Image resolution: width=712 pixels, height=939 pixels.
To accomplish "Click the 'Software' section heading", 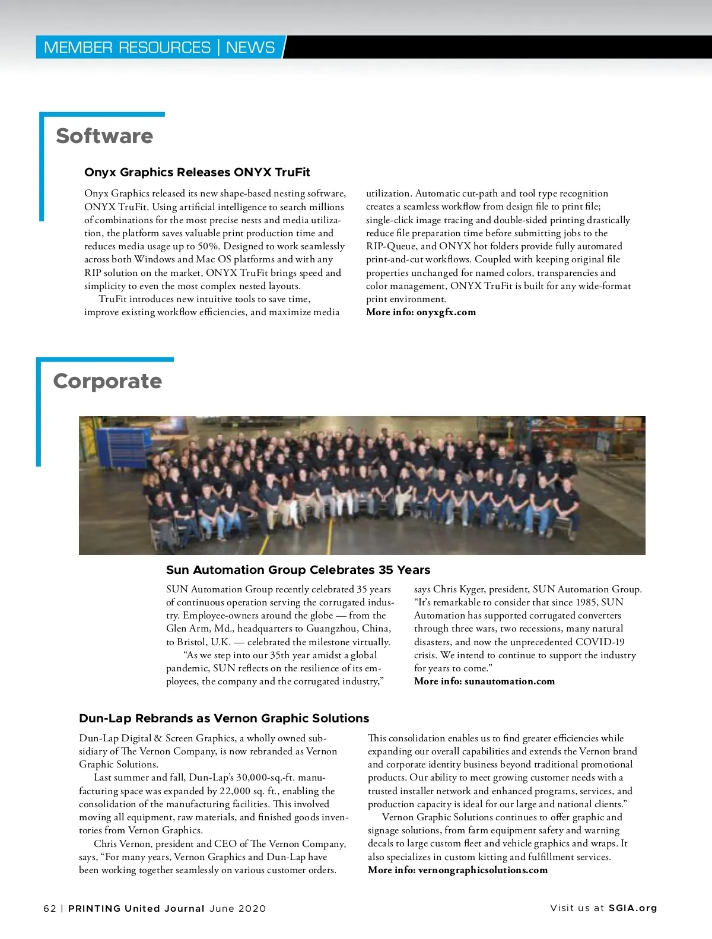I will (104, 136).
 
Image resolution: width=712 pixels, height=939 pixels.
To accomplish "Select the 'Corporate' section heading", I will (107, 381).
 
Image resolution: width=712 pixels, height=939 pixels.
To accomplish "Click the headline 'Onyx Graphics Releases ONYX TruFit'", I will (197, 172).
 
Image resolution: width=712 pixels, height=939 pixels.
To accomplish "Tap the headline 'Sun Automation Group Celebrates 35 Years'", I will (298, 570).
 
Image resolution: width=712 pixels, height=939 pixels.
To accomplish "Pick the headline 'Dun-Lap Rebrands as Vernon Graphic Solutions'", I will (224, 718).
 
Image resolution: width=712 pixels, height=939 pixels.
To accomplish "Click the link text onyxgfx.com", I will (446, 312).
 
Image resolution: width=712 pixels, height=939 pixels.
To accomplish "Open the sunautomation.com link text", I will (510, 681).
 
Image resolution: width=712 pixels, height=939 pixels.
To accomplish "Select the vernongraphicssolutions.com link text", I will (482, 870).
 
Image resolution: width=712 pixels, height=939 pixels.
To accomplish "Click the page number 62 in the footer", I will (50, 909).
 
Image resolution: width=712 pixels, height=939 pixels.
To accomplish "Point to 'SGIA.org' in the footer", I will (633, 908).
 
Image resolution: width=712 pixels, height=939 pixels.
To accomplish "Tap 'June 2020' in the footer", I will (237, 909).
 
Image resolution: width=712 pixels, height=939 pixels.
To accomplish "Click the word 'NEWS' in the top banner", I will (250, 47).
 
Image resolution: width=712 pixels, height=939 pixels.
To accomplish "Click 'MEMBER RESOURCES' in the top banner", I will (127, 47).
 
